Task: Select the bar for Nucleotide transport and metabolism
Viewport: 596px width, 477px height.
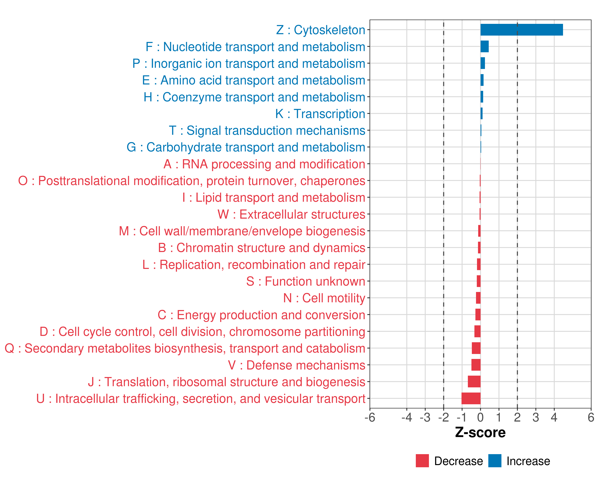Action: point(484,47)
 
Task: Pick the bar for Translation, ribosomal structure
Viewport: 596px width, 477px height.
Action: point(474,381)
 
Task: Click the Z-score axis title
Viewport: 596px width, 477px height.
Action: point(480,432)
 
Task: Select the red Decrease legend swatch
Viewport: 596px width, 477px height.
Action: point(422,461)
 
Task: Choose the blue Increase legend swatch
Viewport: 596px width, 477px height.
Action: point(494,461)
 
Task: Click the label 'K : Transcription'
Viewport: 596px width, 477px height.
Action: point(320,114)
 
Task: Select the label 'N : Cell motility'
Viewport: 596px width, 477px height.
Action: point(324,298)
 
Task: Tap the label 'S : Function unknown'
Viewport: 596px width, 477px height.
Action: point(306,281)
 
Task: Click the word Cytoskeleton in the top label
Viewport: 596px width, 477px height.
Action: point(329,30)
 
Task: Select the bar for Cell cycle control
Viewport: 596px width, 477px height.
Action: point(477,331)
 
